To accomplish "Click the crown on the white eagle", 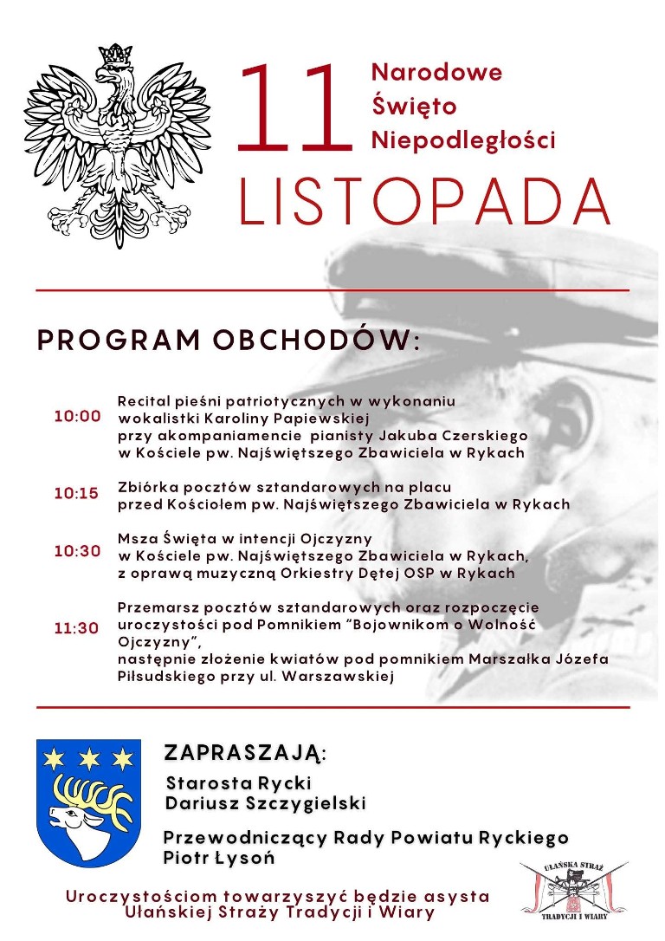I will click(114, 57).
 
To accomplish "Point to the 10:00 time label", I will click(77, 416).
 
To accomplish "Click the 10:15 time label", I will click(77, 493).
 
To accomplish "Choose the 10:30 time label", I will click(77, 550).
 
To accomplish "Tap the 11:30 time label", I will click(77, 628).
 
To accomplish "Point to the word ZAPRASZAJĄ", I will click(246, 751).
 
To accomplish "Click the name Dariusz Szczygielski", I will click(266, 803).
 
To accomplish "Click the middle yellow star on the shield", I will click(88, 760).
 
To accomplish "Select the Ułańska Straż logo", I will click(574, 888).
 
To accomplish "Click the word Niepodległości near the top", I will click(462, 140).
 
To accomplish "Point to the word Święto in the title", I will click(414, 106).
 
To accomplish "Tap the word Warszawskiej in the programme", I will click(344, 677).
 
